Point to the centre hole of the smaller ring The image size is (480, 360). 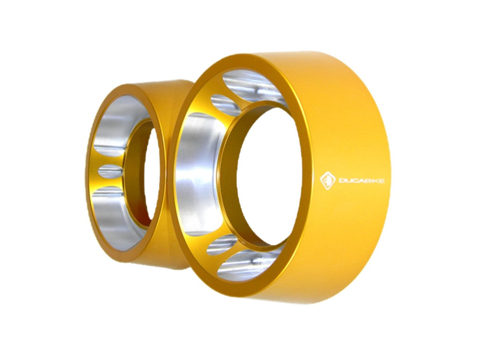pos(152,175)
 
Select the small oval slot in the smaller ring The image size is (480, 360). pos(111,171)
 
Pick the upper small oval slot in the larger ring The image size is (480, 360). pos(225,105)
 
